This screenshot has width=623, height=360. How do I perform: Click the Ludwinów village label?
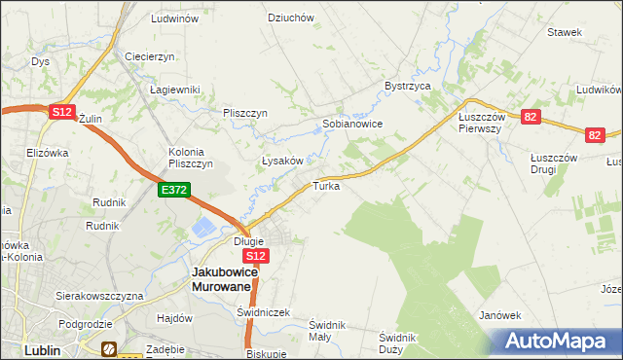point(175,18)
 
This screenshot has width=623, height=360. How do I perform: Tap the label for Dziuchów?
point(290,18)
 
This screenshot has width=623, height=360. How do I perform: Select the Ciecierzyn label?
point(149,56)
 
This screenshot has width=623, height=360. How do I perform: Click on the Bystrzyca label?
point(407,86)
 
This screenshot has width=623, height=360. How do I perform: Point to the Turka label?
point(326,185)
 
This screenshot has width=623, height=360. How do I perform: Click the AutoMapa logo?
point(558,342)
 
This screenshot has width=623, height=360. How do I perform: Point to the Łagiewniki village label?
point(175,90)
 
